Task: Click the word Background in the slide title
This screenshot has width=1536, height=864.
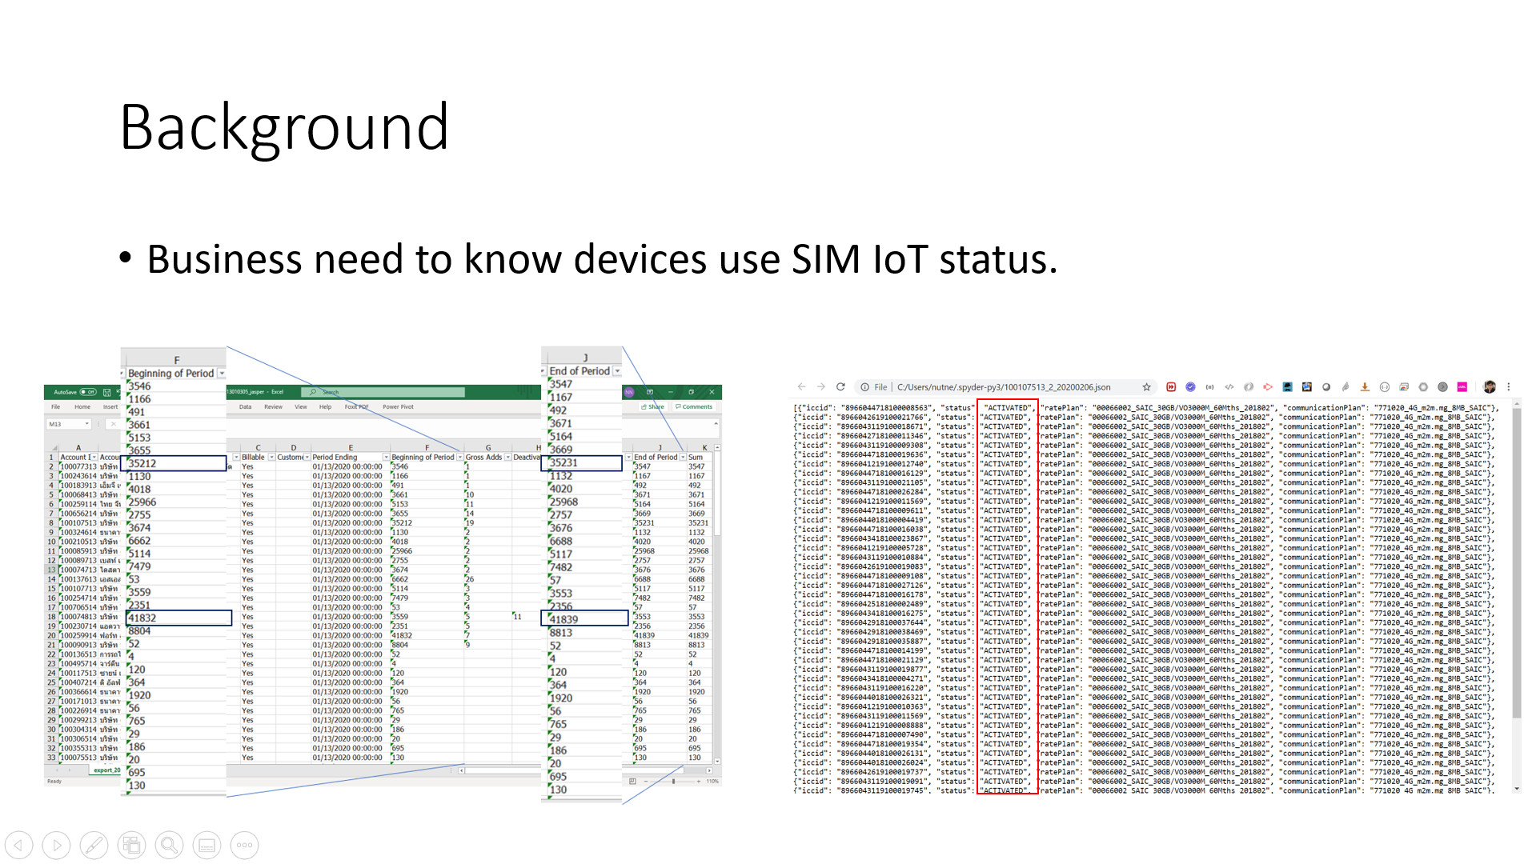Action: tap(284, 128)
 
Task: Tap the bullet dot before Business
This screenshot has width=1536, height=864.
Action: tap(125, 258)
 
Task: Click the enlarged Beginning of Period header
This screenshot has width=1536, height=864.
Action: tap(170, 374)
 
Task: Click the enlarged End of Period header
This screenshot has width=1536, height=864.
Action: tap(580, 371)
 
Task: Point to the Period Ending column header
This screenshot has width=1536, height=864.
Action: tap(335, 458)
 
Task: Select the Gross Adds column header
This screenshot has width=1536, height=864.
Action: tap(483, 458)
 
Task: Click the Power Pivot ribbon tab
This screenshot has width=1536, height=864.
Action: tap(398, 407)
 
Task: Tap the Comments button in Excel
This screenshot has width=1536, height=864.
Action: tap(694, 407)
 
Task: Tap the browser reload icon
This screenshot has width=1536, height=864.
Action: tap(840, 387)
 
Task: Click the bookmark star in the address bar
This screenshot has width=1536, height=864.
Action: tap(1146, 387)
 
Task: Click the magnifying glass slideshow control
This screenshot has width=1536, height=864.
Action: tap(169, 845)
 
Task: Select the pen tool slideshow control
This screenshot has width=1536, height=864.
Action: tap(94, 845)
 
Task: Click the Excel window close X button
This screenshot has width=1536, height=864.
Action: tap(712, 392)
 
